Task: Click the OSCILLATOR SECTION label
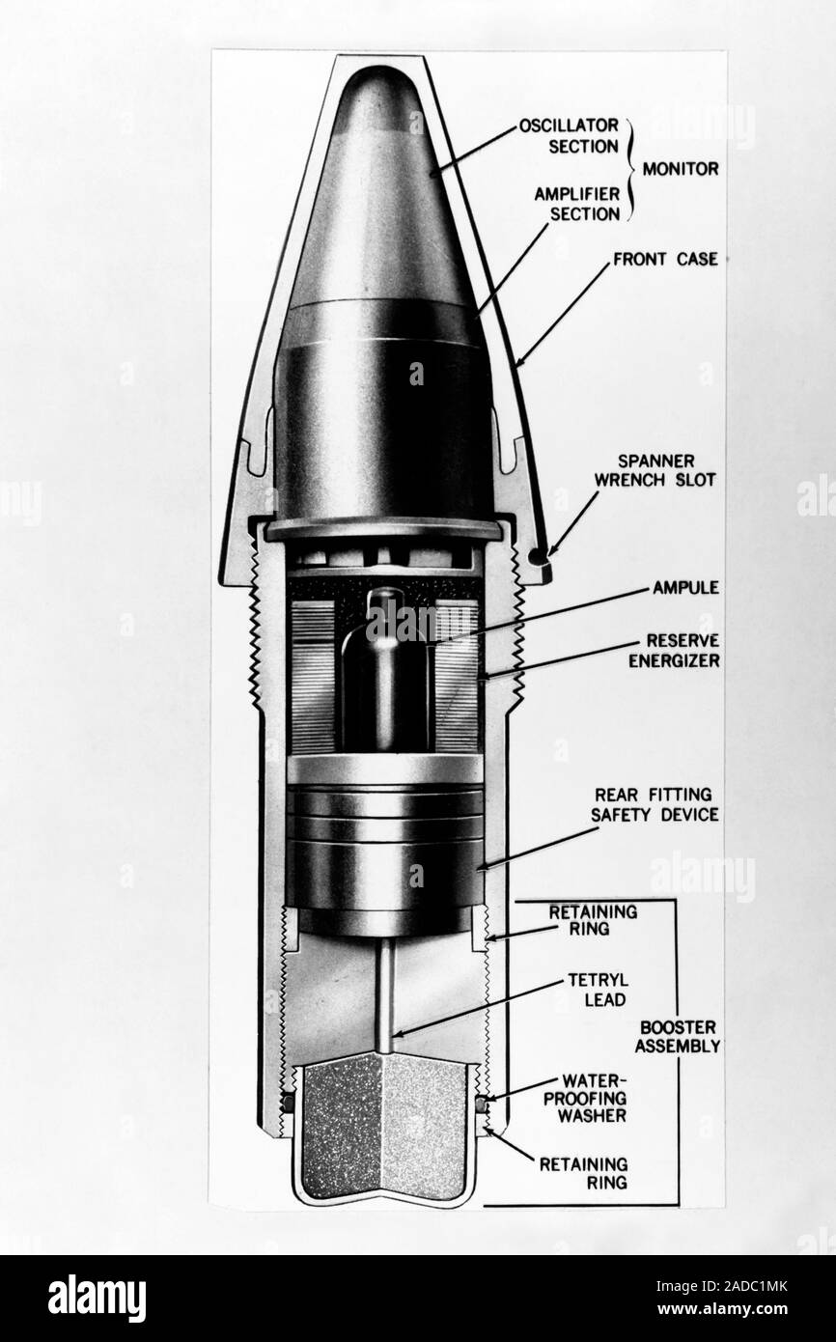(x=568, y=136)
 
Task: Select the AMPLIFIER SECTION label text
(x=576, y=204)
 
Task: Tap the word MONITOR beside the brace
(x=683, y=168)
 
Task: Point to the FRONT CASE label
(x=665, y=259)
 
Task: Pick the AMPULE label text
(x=683, y=587)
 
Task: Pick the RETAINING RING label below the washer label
(x=584, y=1173)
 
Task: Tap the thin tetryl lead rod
(x=384, y=994)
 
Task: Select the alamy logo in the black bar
(x=97, y=1298)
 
